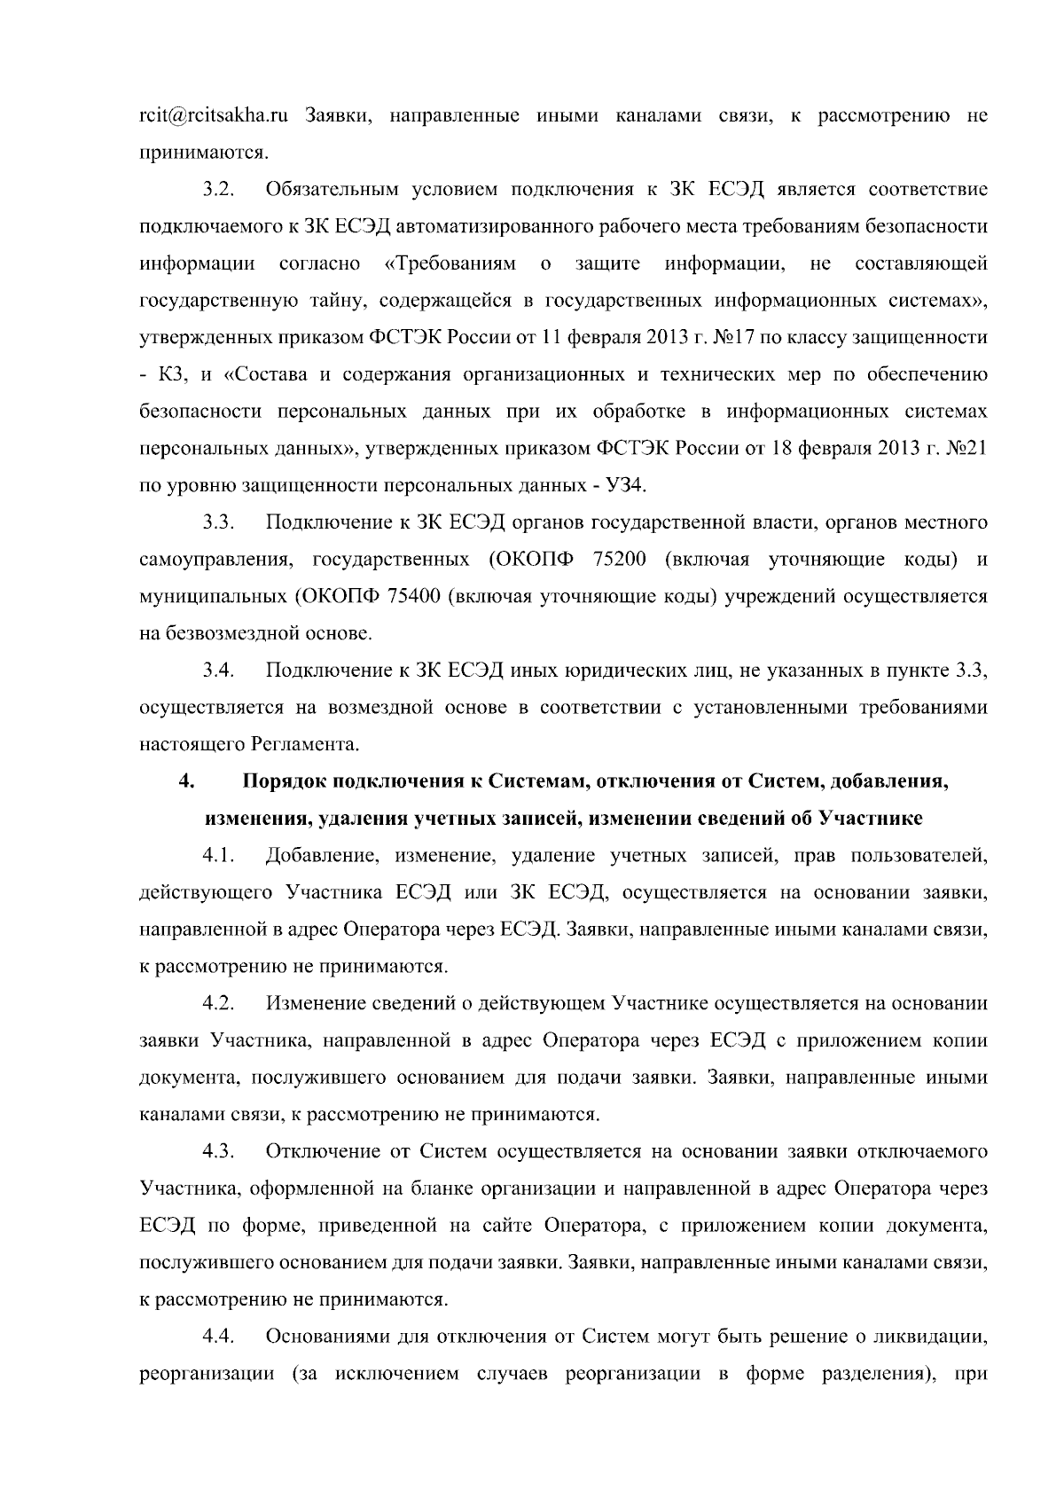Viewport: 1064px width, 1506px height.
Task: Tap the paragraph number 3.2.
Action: click(x=217, y=190)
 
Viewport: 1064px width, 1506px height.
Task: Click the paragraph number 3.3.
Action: click(x=217, y=522)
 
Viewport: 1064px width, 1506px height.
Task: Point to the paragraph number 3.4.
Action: click(x=217, y=671)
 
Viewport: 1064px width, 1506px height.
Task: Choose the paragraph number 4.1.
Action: click(x=217, y=856)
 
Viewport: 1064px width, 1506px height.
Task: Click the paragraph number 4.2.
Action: click(x=217, y=1003)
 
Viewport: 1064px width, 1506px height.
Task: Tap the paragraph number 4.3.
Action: click(x=217, y=1151)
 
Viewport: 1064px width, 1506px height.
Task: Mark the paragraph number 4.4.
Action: click(x=217, y=1336)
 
